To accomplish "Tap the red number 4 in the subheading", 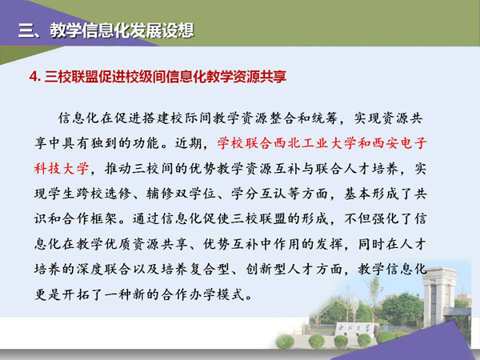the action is coord(34,76).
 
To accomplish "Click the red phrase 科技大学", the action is coord(62,169).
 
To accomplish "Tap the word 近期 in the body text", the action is coord(189,143).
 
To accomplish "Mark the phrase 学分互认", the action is coord(258,194).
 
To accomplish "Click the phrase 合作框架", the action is coord(90,219).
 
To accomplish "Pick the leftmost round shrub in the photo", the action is coord(285,342).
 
